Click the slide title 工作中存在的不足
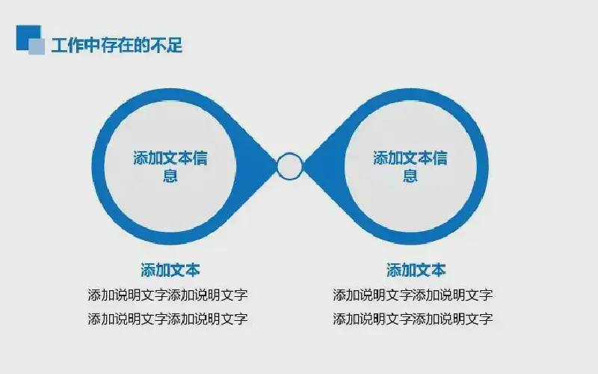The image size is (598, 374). (117, 46)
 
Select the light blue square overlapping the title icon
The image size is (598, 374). (37, 46)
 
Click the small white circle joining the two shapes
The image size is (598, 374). (289, 166)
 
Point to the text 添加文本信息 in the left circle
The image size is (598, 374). (170, 166)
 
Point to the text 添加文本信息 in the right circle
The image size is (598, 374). (410, 166)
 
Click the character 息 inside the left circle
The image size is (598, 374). (170, 176)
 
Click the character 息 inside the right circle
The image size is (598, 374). (410, 176)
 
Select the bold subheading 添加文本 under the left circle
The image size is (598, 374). (170, 270)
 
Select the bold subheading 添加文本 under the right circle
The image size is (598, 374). (416, 270)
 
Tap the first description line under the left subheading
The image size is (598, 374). (167, 295)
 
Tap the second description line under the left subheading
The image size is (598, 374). (167, 319)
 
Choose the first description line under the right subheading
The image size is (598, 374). (413, 295)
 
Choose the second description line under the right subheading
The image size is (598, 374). (413, 319)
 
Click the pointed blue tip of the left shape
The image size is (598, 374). (276, 166)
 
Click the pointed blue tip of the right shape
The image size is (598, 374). (303, 166)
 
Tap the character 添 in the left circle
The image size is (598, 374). (141, 158)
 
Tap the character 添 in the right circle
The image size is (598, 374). (380, 158)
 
